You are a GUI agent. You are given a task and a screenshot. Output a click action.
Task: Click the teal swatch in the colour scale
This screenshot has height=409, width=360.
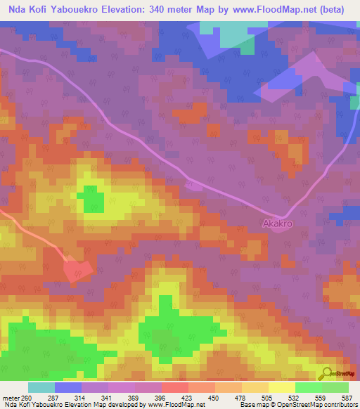click(41, 387)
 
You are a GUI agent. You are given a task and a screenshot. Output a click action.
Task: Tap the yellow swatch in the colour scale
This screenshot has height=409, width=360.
click(281, 387)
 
